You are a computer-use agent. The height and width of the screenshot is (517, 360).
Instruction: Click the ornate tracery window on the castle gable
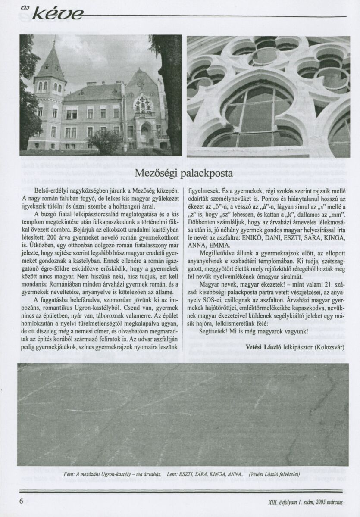pos(143,105)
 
